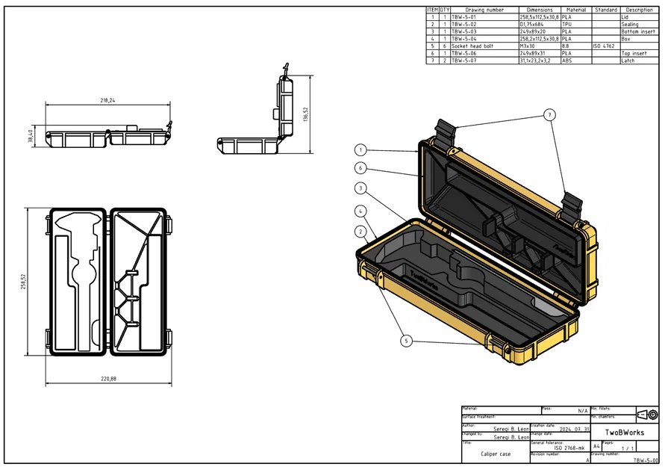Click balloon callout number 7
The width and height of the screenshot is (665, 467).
coord(549,115)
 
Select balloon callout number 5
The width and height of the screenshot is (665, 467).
coord(407,341)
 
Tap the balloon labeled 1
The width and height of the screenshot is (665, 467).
coord(360,149)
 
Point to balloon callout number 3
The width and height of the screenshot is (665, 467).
coord(360,188)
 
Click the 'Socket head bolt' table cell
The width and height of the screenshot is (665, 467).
coord(472,46)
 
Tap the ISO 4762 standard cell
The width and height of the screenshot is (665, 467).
coord(603,46)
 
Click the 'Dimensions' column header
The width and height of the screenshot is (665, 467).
coord(539,10)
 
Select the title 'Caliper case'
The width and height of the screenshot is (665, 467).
coord(496,454)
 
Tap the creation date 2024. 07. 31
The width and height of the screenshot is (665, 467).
coord(568,428)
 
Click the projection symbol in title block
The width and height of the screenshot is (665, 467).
coord(647,414)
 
